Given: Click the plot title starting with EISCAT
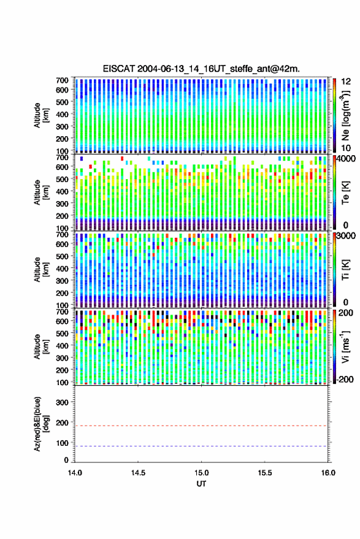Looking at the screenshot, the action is click(201, 69).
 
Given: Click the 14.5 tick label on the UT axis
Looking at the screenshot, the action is click(138, 473).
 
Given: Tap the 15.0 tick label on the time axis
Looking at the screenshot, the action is click(202, 473).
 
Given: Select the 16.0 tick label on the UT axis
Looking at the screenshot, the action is click(328, 473).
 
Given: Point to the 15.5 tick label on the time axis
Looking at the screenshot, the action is click(265, 473).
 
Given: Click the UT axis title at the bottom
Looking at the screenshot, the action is click(201, 484).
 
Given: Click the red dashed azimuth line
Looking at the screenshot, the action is click(201, 426).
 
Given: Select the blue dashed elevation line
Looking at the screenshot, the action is click(201, 446).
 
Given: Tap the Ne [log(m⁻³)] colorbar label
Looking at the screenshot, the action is click(346, 116).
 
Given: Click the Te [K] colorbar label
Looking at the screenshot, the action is click(346, 193).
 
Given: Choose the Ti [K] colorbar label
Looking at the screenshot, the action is click(346, 270).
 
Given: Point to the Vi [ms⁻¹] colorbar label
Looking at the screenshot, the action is click(346, 346).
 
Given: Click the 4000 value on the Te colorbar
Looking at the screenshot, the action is click(346, 159).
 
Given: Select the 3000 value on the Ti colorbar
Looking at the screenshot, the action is click(346, 236).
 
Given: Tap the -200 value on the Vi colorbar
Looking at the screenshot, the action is click(345, 380).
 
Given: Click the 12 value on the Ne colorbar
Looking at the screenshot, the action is click(346, 82).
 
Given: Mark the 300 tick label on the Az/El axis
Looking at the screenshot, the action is click(62, 402).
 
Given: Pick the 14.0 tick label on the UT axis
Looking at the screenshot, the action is click(75, 473).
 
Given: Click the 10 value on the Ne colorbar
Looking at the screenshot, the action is click(346, 148).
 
